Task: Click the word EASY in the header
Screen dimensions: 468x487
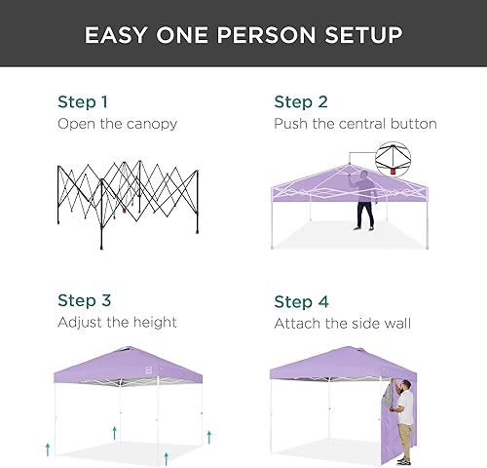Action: click(x=116, y=36)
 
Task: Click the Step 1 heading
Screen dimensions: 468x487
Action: click(x=84, y=101)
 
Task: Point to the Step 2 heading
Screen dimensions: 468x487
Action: click(x=300, y=101)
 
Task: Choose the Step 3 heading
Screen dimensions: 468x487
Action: click(x=85, y=300)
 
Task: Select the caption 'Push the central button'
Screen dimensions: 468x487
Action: click(x=355, y=124)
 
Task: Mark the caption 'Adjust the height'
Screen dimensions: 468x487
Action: click(x=117, y=322)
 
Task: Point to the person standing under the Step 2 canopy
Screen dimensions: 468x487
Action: click(x=364, y=200)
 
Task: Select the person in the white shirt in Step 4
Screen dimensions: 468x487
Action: click(x=405, y=414)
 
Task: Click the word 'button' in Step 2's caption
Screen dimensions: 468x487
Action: click(x=415, y=124)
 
